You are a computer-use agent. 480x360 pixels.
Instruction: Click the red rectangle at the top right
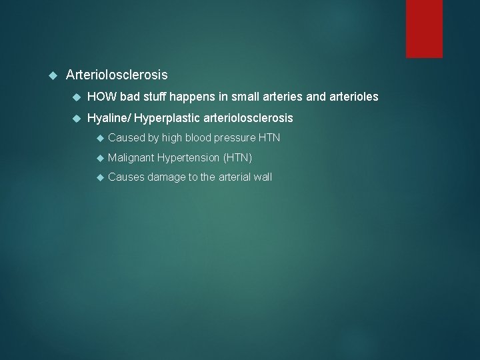click(424, 28)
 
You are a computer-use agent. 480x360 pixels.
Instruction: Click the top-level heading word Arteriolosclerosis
click(117, 75)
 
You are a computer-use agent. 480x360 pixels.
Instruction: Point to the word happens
click(193, 97)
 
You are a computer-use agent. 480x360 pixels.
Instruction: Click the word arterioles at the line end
click(353, 97)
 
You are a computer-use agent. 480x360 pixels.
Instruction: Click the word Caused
click(126, 138)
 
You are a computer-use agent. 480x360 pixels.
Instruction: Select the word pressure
click(235, 139)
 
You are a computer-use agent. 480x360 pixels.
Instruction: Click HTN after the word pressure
click(269, 138)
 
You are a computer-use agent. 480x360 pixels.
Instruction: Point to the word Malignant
click(131, 158)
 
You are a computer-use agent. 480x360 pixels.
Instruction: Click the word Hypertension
click(189, 158)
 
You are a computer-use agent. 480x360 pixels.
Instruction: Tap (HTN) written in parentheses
click(237, 158)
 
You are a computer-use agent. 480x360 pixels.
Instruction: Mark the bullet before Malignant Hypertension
click(100, 158)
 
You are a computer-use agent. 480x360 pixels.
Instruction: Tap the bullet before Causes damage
click(100, 177)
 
